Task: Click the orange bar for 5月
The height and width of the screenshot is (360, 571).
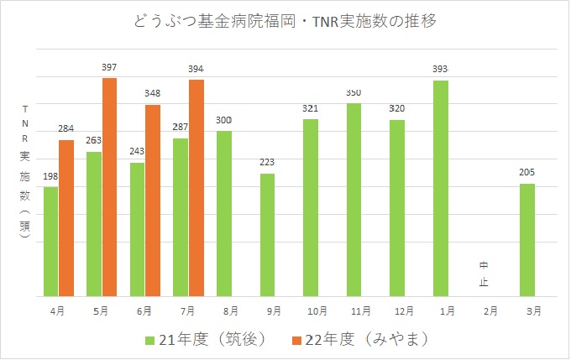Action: coord(109,187)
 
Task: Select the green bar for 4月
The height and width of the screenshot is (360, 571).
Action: coord(51,242)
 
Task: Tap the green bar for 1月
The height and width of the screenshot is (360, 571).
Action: coord(441,189)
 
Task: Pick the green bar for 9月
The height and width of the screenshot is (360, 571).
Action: coord(268,235)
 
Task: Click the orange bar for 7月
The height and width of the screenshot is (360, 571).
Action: coord(196,188)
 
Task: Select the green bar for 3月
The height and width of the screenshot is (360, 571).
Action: coord(527,240)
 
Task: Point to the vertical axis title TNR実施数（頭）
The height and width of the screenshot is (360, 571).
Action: coord(25,172)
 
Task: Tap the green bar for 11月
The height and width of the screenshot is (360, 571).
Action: coord(354,200)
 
